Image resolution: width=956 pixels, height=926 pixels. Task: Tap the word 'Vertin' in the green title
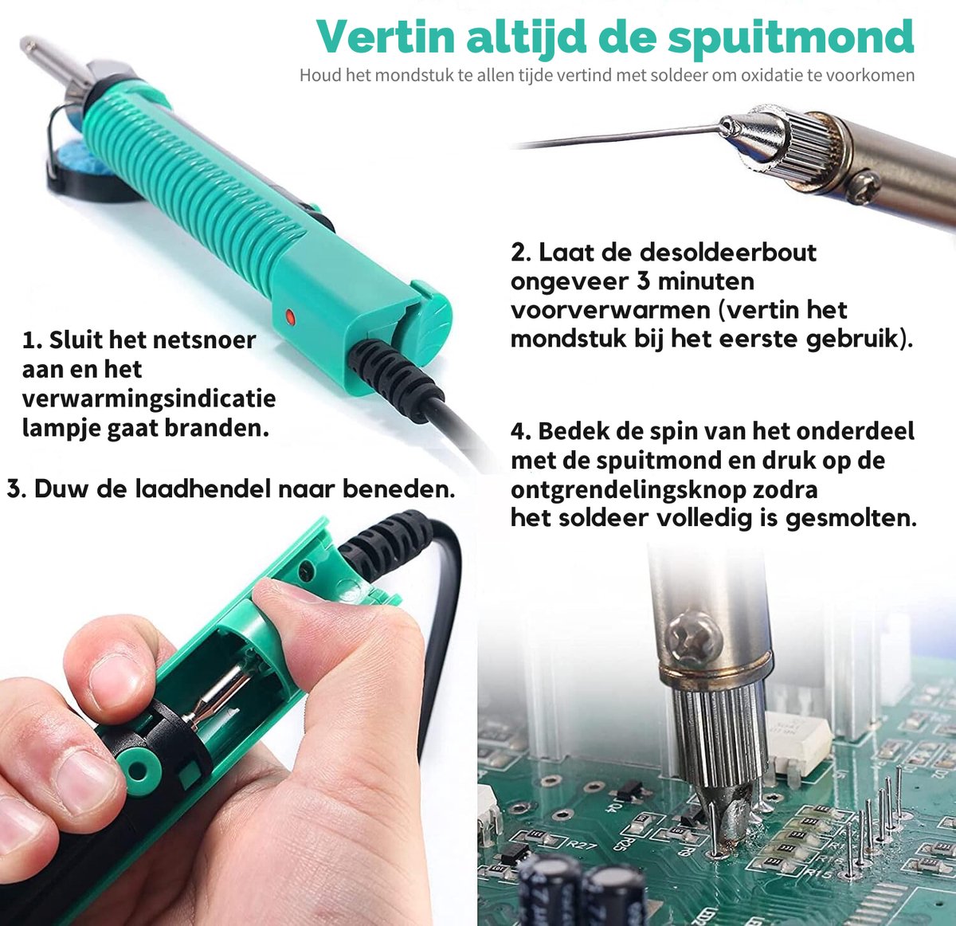tap(385, 37)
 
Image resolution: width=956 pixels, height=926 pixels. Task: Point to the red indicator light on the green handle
tap(290, 316)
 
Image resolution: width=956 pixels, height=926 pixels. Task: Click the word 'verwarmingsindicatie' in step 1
tap(149, 398)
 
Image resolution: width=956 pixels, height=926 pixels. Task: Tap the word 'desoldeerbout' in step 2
tap(728, 253)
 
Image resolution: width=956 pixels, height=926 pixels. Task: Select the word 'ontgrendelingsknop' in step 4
tap(664, 490)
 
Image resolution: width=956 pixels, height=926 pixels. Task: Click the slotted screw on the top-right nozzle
tap(863, 186)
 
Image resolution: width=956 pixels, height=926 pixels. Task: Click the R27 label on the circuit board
tap(582, 846)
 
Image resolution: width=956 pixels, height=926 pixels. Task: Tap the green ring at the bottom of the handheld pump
tap(140, 771)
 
